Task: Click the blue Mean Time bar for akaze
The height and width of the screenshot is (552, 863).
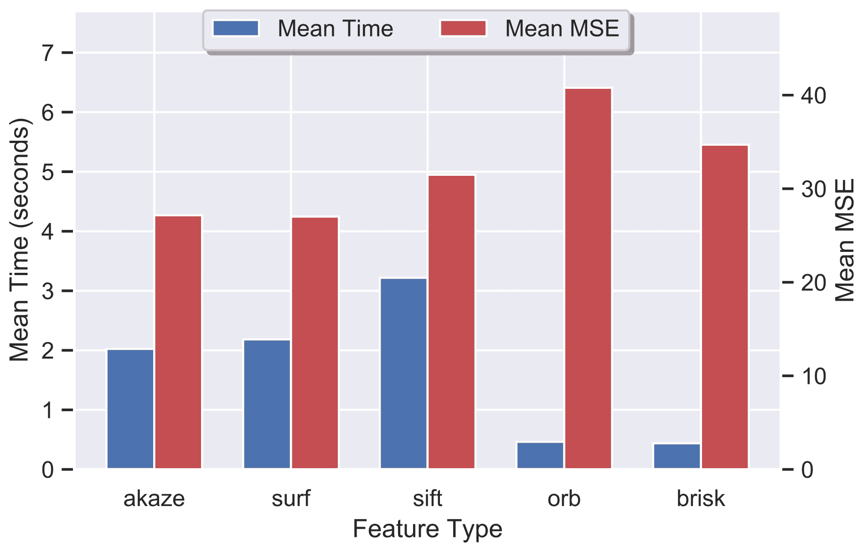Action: coord(130,409)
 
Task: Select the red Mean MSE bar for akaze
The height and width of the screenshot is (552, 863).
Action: coord(178,342)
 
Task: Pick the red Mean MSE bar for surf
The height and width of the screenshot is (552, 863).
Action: coord(315,342)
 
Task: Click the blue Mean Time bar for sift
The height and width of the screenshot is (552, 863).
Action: coord(403,373)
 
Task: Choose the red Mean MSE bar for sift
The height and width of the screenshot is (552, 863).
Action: coord(451,322)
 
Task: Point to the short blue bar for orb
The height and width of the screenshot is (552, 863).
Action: coord(540,455)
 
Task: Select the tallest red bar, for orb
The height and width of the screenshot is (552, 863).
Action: coord(588,278)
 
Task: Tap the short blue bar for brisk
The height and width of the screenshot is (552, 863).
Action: coord(677,456)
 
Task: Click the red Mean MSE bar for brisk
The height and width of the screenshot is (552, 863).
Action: coord(725,307)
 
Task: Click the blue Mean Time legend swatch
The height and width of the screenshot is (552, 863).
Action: coord(236,28)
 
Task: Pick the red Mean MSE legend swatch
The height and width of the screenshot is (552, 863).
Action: coord(463,28)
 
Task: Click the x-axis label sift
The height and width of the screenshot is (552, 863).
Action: coord(428,499)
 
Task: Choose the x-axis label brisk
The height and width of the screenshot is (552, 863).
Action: coord(701,499)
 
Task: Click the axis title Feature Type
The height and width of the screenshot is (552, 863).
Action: coord(428,529)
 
